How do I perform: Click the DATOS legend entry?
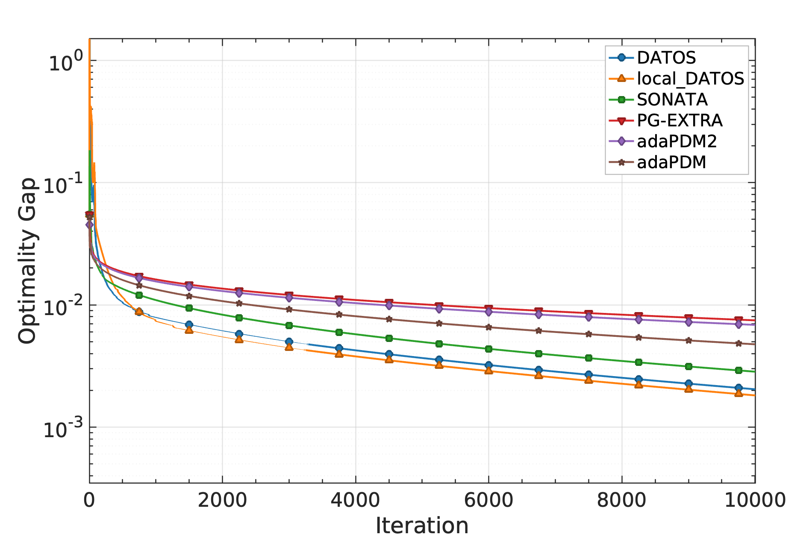666,58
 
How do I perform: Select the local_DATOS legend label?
690,79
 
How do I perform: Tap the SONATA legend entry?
672,99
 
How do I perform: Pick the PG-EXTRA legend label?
679,120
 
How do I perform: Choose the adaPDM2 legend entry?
677,141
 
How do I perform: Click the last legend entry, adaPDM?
671,162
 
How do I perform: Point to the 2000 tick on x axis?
222,499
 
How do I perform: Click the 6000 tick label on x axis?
488,499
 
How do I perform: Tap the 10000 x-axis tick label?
755,499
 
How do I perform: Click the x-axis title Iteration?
422,526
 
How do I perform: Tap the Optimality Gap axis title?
27,260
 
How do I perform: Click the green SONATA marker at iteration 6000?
488,349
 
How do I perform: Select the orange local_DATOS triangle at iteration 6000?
488,371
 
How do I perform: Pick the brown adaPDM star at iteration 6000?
488,327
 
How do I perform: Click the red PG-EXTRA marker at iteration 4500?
389,302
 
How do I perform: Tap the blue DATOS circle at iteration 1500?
189,324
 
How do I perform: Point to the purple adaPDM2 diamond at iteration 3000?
289,298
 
